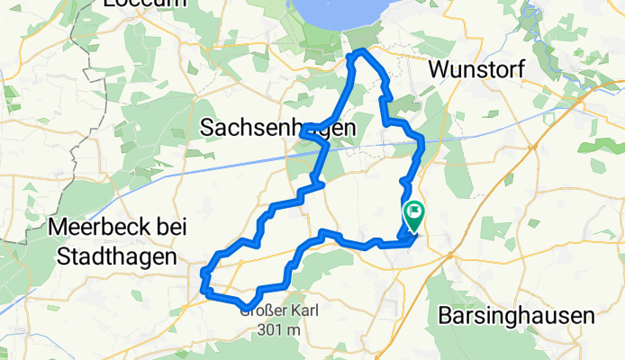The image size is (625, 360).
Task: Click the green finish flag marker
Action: tap(415, 215)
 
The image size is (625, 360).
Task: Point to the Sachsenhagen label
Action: tap(276, 129)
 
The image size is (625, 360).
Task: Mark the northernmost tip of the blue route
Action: tap(362, 51)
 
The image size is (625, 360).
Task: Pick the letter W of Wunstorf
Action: tap(439, 68)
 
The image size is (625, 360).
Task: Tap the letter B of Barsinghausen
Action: tap(444, 316)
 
